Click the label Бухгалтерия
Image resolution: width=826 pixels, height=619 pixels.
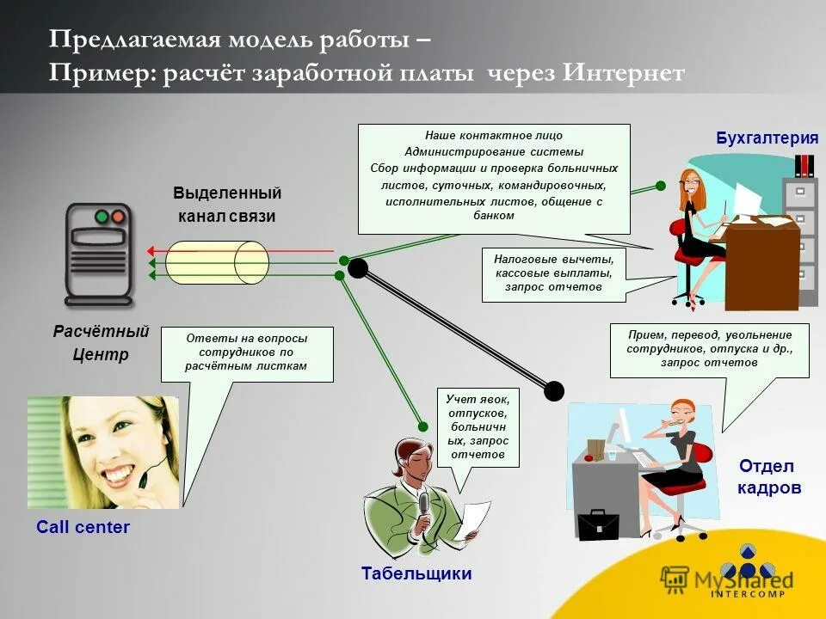click(x=767, y=138)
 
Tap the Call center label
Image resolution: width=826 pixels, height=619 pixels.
click(x=83, y=527)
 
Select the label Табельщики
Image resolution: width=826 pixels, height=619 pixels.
click(x=416, y=573)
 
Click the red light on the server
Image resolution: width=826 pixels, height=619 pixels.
click(x=102, y=216)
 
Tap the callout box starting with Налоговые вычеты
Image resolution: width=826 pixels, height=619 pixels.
click(x=553, y=273)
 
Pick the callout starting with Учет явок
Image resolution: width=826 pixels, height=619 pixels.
click(x=478, y=426)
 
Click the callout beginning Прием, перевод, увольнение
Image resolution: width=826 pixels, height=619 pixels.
click(x=709, y=348)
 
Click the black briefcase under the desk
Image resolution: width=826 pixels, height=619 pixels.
click(x=597, y=524)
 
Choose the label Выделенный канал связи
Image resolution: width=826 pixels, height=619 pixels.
click(x=227, y=204)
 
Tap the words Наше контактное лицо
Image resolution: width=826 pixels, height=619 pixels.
click(x=493, y=136)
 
